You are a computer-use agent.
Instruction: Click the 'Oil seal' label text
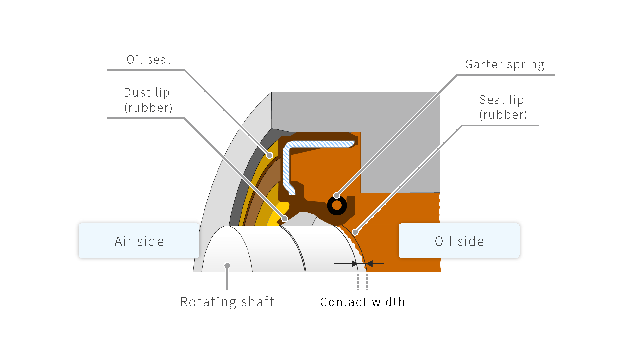[148, 60]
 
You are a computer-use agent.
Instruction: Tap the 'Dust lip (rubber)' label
[148, 100]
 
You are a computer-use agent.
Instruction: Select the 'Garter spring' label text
[504, 65]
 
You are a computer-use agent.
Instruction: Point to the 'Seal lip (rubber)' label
[503, 107]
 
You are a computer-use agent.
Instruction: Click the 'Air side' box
[139, 241]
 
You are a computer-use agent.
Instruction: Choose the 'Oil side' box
[459, 241]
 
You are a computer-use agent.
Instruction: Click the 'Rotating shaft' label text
[227, 302]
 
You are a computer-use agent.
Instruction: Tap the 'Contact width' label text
[362, 302]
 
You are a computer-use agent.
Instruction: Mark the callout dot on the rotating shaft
[227, 266]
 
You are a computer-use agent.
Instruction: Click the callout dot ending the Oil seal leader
[269, 155]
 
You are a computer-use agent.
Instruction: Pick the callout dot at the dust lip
[285, 218]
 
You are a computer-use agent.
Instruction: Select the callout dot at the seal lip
[355, 232]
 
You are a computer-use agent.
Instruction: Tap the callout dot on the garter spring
[337, 195]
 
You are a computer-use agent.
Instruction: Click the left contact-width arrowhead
[355, 263]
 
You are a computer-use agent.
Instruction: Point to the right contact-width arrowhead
[369, 263]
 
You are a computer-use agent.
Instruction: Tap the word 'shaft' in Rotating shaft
[258, 302]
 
